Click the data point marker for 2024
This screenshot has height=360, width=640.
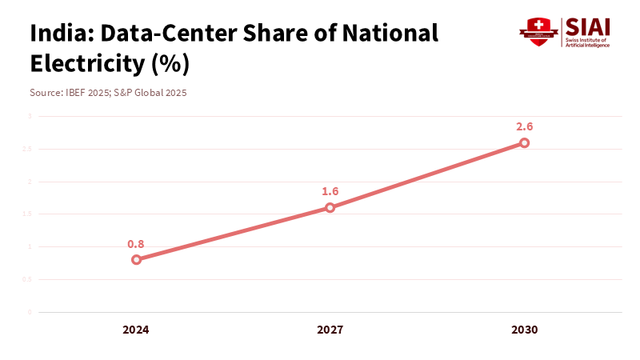click(x=136, y=259)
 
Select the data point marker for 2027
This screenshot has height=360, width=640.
click(x=330, y=208)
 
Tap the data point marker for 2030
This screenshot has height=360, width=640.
click(x=524, y=143)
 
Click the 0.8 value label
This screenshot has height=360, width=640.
click(x=136, y=244)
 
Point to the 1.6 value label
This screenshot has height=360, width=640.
click(x=330, y=192)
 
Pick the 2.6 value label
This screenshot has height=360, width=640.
click(x=524, y=126)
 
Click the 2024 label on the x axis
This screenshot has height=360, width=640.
click(x=136, y=330)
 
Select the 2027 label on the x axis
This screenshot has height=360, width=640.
click(x=330, y=330)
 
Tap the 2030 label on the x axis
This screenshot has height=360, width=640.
click(x=524, y=330)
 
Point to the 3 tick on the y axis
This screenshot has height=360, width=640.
click(x=30, y=116)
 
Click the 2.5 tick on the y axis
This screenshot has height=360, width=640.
click(x=27, y=149)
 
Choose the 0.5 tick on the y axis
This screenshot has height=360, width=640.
click(x=27, y=279)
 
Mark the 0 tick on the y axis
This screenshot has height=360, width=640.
click(x=30, y=312)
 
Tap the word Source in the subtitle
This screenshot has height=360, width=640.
click(x=44, y=93)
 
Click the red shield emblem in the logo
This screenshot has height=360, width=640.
click(x=538, y=32)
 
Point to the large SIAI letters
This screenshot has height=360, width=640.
click(x=586, y=26)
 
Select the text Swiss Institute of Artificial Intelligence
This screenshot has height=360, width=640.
click(x=587, y=42)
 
